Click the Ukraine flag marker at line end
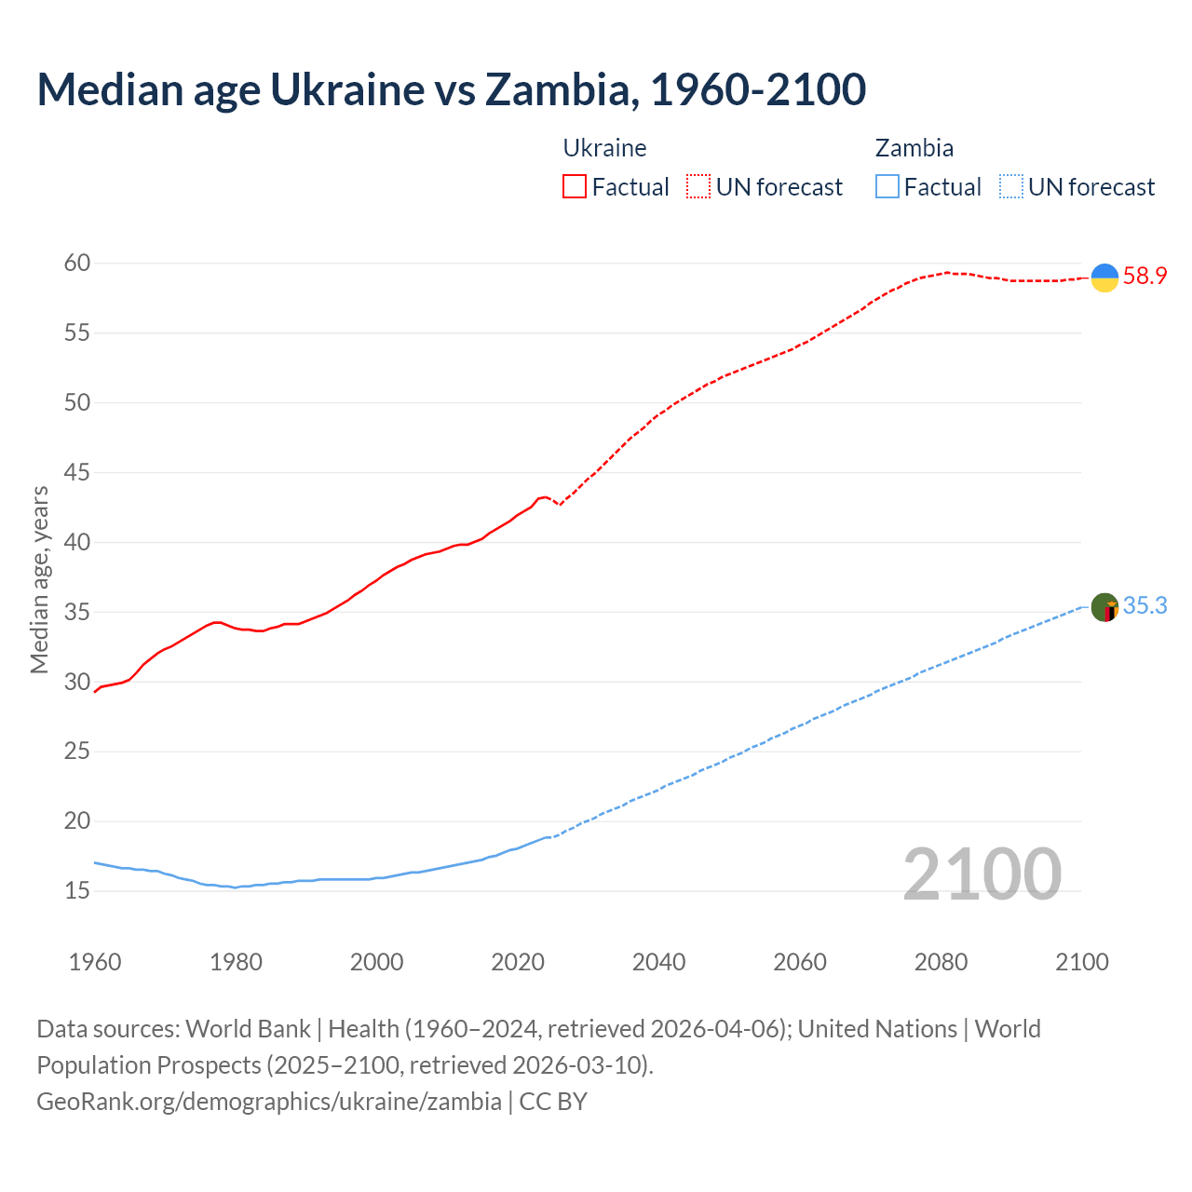click(1104, 278)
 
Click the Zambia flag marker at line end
click(1104, 607)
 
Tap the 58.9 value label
click(1145, 277)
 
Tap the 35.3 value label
click(1145, 606)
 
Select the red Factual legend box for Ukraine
click(575, 187)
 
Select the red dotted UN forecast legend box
click(698, 187)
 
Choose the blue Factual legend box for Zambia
click(887, 187)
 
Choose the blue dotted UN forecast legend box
click(1010, 187)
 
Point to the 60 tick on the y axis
click(77, 264)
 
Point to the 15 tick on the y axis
click(77, 891)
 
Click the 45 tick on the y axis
click(77, 473)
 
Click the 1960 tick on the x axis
click(95, 962)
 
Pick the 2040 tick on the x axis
click(658, 962)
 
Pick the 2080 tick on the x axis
click(941, 962)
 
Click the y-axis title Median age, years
click(39, 579)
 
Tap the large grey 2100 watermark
click(982, 874)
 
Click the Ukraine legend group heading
click(604, 148)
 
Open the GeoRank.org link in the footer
click(269, 1102)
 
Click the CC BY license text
click(553, 1102)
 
